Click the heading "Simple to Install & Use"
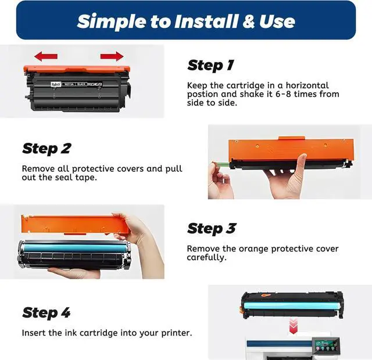coord(186,21)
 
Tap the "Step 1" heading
coord(210,65)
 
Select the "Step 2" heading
coord(46,149)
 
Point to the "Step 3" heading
coord(212,228)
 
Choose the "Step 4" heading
coord(46,312)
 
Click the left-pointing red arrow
coord(46,56)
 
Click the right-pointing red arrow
coord(112,56)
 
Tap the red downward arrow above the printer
coord(293,326)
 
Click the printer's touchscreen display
coord(324,345)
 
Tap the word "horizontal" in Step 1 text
coord(307,85)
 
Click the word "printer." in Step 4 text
coord(177,333)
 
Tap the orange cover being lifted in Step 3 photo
coord(74,224)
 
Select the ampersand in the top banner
coord(248,21)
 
